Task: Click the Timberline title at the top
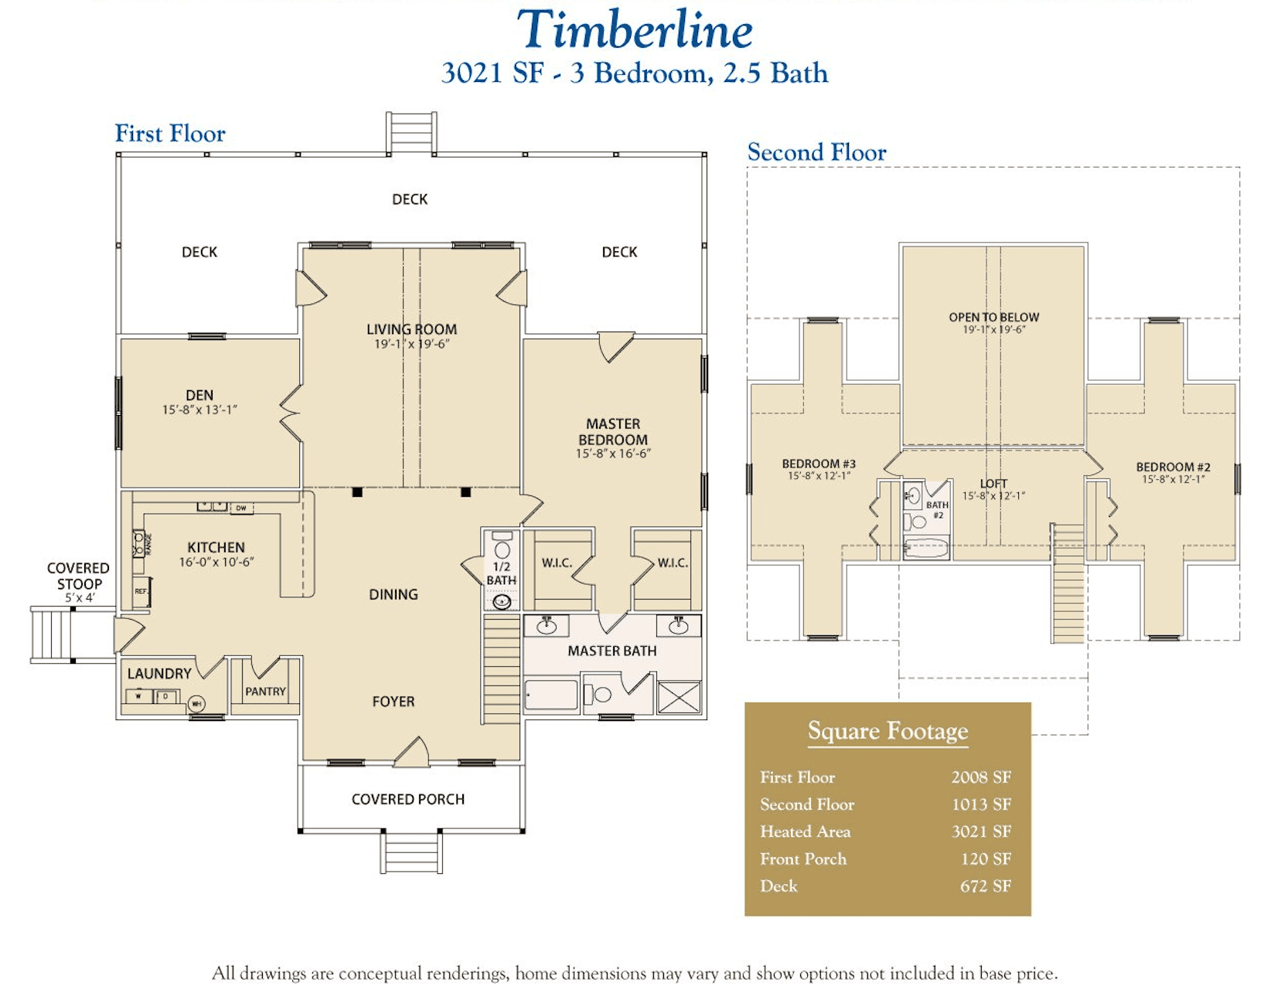[x=634, y=31]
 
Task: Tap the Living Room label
[x=411, y=329]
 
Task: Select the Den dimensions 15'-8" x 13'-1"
[x=199, y=410]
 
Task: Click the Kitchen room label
[x=216, y=547]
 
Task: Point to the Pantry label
[x=265, y=692]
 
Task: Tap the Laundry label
[x=159, y=674]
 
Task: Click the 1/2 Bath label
[x=501, y=573]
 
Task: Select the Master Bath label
[x=611, y=651]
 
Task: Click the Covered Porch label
[x=408, y=799]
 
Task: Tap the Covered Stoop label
[x=78, y=576]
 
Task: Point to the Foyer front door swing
[x=413, y=753]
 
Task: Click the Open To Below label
[x=993, y=318]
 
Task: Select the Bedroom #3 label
[x=819, y=464]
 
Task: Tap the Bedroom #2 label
[x=1173, y=467]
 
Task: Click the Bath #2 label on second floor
[x=937, y=509]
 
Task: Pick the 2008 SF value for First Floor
[x=980, y=777]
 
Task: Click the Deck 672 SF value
[x=985, y=886]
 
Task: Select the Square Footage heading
[x=887, y=730]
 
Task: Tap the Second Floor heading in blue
[x=816, y=152]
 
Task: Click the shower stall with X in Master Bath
[x=679, y=697]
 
